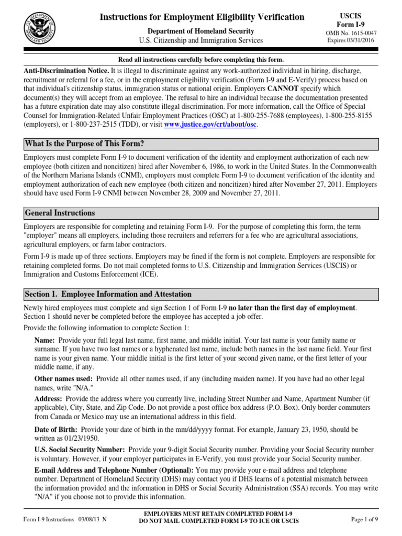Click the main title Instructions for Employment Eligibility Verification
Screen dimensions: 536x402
click(x=202, y=17)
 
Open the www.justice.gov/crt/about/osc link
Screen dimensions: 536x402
click(x=210, y=125)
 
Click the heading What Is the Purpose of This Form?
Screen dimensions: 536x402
click(x=84, y=144)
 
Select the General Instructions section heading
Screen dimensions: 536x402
click(x=60, y=213)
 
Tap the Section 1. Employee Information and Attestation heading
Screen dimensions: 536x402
click(x=108, y=294)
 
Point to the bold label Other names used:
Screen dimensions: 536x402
click(x=64, y=378)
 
